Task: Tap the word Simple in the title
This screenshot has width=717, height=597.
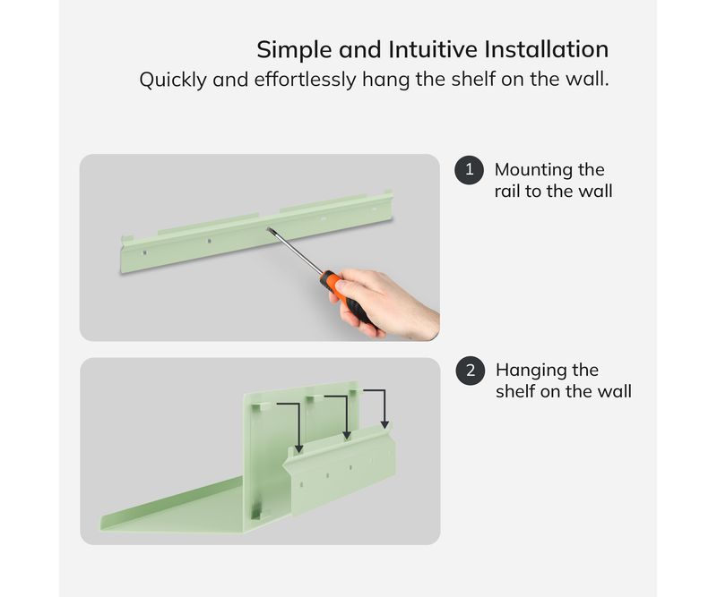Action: coord(294,50)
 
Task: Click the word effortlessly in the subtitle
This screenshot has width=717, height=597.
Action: coord(305,80)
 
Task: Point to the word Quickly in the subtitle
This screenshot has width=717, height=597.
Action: coord(173,80)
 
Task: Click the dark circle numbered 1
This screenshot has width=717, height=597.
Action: coord(469,170)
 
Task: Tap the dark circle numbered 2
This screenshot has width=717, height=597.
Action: coord(471,371)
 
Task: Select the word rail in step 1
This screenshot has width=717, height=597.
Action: coord(506,191)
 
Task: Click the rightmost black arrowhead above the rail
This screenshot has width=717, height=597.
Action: coord(384,425)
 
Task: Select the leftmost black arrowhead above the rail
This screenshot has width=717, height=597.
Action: coord(298,449)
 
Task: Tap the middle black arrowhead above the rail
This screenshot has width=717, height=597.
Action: coord(347,435)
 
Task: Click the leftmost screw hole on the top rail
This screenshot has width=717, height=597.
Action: coord(144,252)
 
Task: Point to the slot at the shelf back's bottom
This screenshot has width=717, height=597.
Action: coord(256,511)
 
